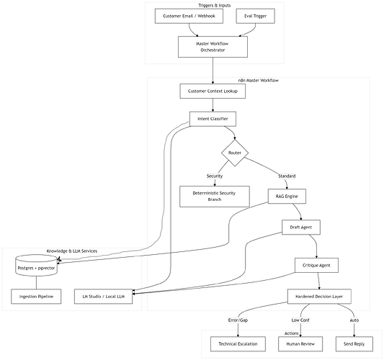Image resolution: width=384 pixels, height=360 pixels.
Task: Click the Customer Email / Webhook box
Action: point(189,16)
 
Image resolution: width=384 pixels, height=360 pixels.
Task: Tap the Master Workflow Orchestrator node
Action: point(213,48)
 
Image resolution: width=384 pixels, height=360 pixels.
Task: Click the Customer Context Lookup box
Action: point(213,91)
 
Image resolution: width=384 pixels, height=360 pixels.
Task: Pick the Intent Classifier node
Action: point(213,118)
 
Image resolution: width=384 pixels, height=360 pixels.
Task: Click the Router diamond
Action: point(234,153)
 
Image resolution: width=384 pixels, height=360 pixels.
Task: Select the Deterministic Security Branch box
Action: point(214,196)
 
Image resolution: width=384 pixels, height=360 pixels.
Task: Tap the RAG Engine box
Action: point(287,196)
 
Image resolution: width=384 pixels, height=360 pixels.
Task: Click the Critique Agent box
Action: point(316,265)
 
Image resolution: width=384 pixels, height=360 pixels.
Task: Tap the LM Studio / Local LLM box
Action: point(104,296)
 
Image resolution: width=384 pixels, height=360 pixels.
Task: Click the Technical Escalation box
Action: point(238,344)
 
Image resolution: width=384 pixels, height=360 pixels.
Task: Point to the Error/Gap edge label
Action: point(238,320)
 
